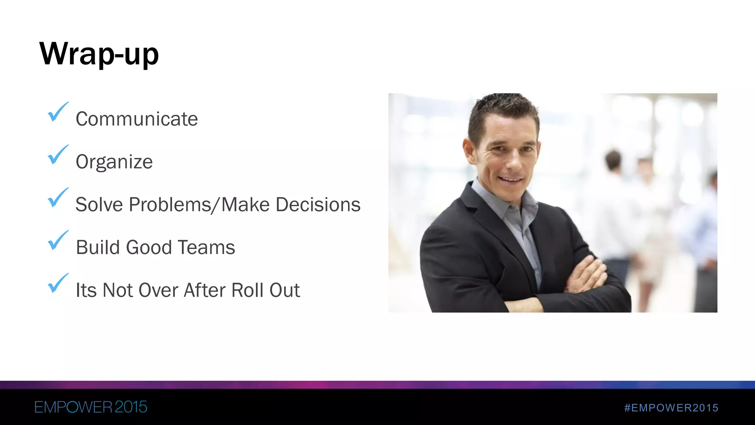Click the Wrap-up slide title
tap(99, 54)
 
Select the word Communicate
tap(136, 119)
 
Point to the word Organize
tap(114, 162)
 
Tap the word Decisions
tap(318, 205)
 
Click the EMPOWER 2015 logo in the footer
tap(91, 407)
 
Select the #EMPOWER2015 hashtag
tap(671, 408)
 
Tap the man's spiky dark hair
tap(503, 107)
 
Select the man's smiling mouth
tap(511, 180)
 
